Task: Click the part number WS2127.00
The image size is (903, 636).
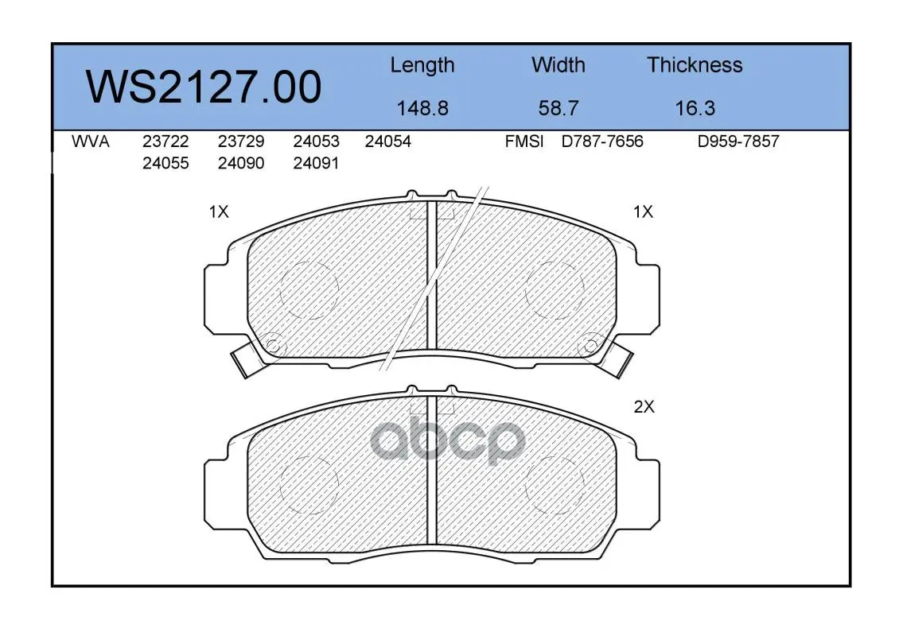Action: click(x=204, y=87)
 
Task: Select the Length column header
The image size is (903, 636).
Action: click(x=422, y=66)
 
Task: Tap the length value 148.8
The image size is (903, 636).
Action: click(x=422, y=108)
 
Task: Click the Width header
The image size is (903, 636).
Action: click(x=558, y=64)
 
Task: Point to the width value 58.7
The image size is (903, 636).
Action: click(x=558, y=108)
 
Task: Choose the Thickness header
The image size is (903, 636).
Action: click(x=695, y=64)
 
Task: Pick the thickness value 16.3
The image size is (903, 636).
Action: click(x=695, y=108)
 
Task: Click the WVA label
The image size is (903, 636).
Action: click(x=91, y=142)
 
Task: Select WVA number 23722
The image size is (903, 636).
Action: click(x=165, y=142)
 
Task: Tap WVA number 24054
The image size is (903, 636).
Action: click(x=387, y=142)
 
